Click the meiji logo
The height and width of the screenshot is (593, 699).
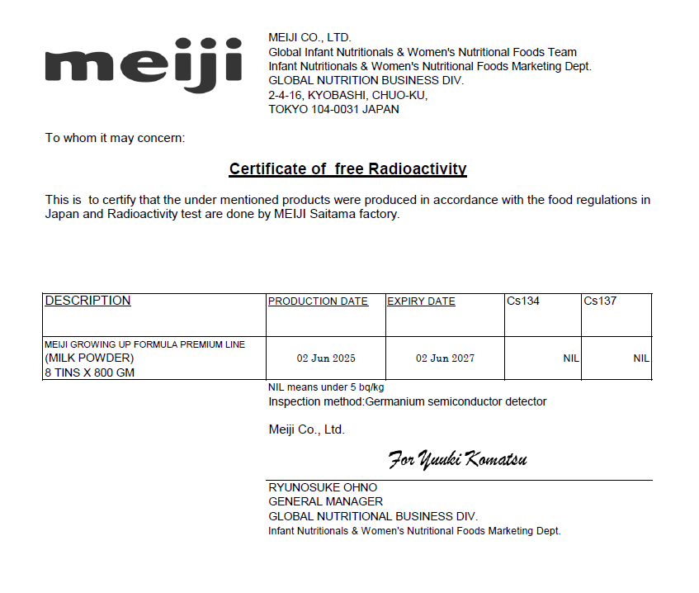tap(144, 64)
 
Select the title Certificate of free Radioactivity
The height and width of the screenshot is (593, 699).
tap(347, 169)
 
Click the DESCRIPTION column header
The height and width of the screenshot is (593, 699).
tap(87, 301)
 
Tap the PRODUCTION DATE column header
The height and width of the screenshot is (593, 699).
tap(318, 301)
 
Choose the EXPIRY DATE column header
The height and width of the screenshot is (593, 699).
tap(421, 301)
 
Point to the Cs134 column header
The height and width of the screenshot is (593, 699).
tap(523, 301)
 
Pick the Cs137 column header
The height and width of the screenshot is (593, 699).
tap(600, 301)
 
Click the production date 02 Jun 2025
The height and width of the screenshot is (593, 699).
tap(326, 358)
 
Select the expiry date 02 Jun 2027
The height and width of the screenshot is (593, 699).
tap(445, 358)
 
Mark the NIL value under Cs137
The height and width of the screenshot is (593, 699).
tap(641, 358)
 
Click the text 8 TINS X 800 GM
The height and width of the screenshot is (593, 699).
tap(89, 372)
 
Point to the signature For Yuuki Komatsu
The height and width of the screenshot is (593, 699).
tap(457, 459)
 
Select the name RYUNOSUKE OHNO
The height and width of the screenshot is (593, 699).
tap(323, 487)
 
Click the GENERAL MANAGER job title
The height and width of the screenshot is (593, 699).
tap(325, 501)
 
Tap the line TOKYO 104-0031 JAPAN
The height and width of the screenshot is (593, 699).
tap(333, 109)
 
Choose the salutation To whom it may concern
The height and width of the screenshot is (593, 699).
tap(115, 138)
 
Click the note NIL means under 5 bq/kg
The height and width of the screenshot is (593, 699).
tap(326, 387)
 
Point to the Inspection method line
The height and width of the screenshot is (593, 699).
tap(407, 402)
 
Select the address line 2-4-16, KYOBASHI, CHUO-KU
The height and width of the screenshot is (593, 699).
tap(347, 95)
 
